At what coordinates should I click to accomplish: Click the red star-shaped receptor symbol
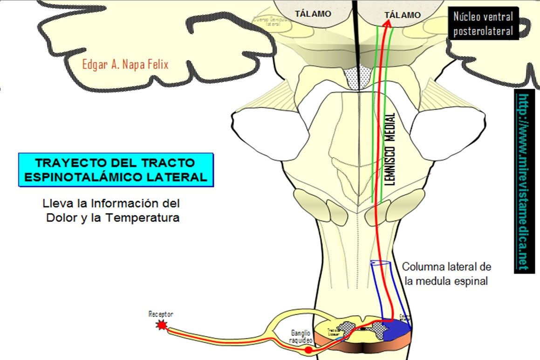[x=162, y=325]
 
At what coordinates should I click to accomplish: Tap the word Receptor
[x=160, y=315]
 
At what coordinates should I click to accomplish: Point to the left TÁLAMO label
[x=313, y=14]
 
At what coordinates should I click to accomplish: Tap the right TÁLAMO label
[x=403, y=15]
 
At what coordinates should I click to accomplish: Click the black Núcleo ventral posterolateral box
[x=483, y=24]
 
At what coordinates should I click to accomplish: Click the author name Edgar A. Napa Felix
[x=125, y=64]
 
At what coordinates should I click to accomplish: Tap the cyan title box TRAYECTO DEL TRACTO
[x=116, y=170]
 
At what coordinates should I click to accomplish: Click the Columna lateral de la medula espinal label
[x=446, y=274]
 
